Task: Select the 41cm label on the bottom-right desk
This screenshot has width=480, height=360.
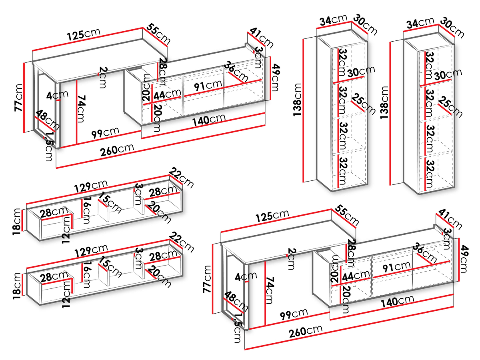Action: tap(450, 219)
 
